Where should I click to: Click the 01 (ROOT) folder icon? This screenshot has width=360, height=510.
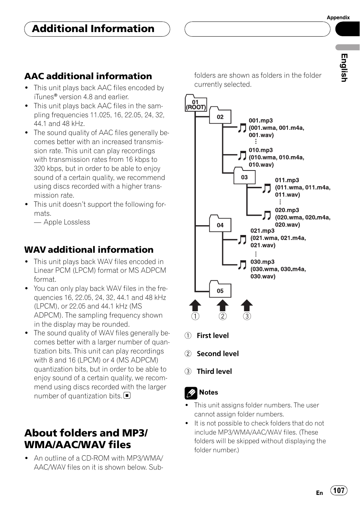coord(195,104)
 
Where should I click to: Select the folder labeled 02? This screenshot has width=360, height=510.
coord(220,116)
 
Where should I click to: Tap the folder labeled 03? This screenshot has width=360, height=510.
coord(245,177)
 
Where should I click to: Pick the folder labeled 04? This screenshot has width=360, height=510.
coord(220,224)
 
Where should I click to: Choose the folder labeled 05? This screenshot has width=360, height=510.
coord(220,290)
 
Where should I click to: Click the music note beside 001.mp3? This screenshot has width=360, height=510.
coord(242,128)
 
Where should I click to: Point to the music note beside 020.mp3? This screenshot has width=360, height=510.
coord(267,215)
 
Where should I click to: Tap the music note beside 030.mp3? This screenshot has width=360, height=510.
coord(242,265)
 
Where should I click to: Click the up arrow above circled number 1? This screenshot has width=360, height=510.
coord(195,305)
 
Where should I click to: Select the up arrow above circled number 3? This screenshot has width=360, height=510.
coord(247,305)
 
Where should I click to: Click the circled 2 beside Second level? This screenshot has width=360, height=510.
coord(188,354)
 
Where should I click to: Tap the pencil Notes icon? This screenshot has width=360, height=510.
coord(191,393)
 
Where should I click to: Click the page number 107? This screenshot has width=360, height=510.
coord(339,490)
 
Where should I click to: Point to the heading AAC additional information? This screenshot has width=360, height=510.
coord(88,76)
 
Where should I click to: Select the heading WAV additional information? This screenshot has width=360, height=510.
coord(89,250)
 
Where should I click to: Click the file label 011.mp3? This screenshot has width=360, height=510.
coord(287,180)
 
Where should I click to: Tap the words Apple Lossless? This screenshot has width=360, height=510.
coord(67,222)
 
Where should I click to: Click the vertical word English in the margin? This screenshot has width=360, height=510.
coord(344,68)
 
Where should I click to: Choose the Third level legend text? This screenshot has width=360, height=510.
coord(214,372)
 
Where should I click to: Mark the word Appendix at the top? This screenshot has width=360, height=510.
coord(338,17)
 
